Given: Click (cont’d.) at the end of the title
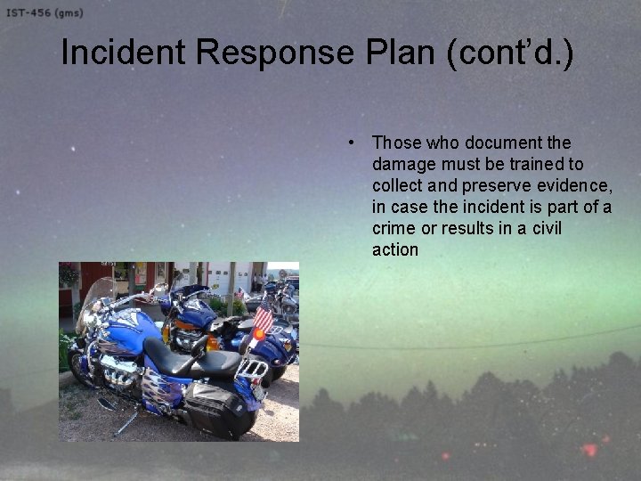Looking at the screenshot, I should click(512, 53).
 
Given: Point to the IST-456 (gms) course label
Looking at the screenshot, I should click(45, 12).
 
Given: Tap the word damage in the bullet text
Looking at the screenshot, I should click(402, 164).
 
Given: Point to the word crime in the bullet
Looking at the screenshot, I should click(393, 228).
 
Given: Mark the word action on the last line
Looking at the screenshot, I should click(394, 249).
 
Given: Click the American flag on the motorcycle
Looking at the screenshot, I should click(264, 314).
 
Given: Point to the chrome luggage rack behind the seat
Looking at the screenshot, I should click(252, 368).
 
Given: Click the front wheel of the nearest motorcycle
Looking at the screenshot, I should click(82, 365).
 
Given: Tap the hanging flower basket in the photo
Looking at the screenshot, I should click(69, 274).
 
